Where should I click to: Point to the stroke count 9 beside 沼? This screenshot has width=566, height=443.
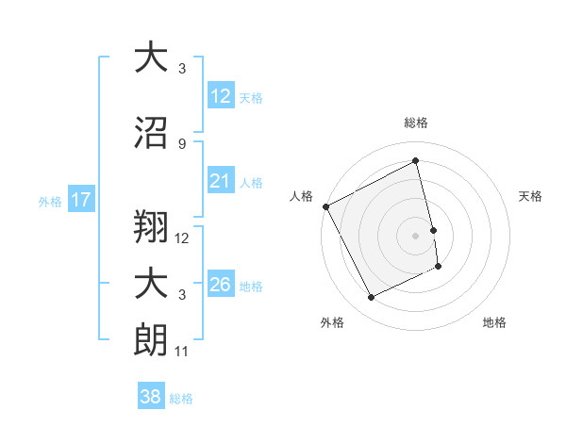click(181, 143)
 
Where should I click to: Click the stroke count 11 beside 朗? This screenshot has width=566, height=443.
click(182, 352)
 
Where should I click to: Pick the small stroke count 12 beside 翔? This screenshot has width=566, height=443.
click(182, 238)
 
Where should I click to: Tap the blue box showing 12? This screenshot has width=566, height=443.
click(220, 96)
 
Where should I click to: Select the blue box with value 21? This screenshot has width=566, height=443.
click(220, 181)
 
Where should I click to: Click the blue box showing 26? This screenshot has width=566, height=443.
click(220, 285)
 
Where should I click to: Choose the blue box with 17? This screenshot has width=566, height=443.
click(80, 200)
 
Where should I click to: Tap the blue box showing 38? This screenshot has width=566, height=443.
click(151, 397)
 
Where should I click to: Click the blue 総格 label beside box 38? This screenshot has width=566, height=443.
click(181, 399)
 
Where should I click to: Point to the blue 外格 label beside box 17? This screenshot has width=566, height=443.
click(49, 201)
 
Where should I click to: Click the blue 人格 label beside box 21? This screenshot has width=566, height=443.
click(251, 182)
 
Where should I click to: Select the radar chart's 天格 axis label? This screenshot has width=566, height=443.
click(531, 196)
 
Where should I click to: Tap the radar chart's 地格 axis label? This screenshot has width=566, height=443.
click(494, 322)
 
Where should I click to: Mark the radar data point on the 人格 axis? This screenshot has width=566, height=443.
click(325, 206)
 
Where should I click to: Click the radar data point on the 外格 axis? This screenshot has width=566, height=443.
click(371, 298)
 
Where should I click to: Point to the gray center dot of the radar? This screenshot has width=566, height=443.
click(415, 235)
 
